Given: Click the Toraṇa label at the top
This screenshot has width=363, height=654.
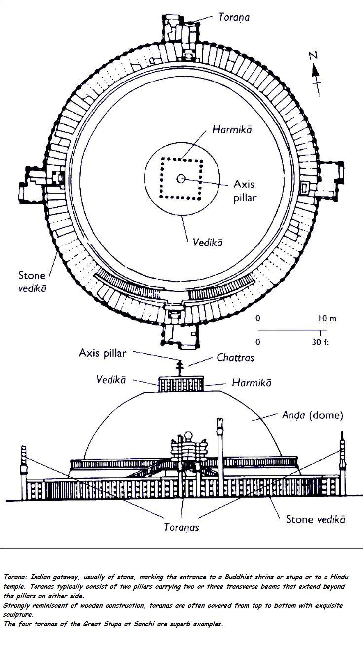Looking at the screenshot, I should click(x=234, y=18).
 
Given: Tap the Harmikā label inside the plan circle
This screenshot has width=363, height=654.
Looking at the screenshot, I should click(x=233, y=130).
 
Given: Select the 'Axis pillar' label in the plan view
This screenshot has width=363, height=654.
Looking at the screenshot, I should click(x=244, y=191).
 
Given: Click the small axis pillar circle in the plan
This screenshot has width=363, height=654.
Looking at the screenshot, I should click(x=181, y=179).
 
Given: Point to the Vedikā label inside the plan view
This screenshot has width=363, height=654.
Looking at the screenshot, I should click(x=207, y=243).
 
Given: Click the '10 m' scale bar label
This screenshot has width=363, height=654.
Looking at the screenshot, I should click(x=327, y=318).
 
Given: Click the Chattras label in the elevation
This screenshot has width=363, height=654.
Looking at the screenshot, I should click(x=235, y=358).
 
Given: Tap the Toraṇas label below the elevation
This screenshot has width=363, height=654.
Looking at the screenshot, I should click(x=181, y=527).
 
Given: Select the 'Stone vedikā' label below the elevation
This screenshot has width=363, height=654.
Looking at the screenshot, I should click(x=316, y=519).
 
